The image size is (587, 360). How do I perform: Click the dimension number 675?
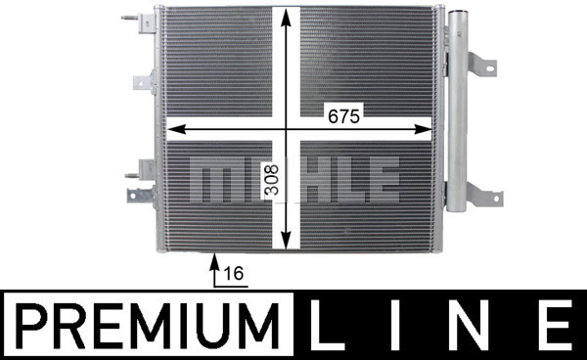(x=343, y=116)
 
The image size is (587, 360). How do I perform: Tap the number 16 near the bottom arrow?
(x=235, y=274)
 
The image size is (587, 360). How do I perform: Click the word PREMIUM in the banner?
(x=149, y=326)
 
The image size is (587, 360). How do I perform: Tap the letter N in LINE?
(x=473, y=326)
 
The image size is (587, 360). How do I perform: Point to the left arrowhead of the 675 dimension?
(x=177, y=130)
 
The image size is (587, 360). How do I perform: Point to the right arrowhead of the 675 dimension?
(x=423, y=130)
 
